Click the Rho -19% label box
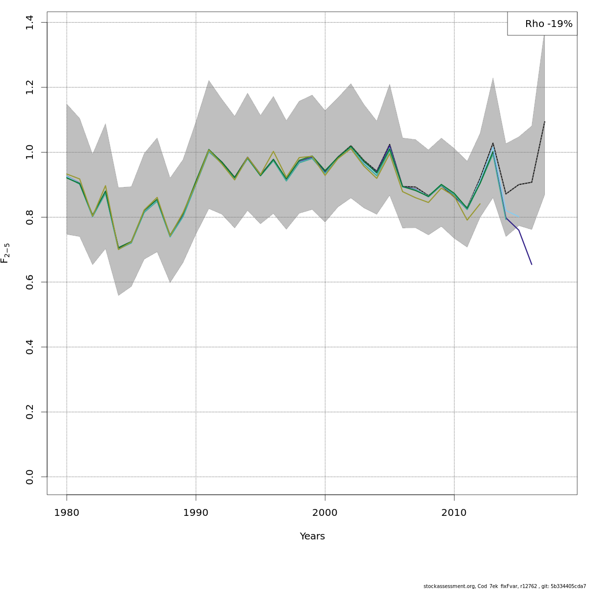point(542,24)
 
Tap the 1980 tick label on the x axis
point(67,513)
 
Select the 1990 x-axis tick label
point(196,513)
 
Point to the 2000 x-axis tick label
point(325,513)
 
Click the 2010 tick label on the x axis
point(454,513)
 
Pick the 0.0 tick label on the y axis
point(29,477)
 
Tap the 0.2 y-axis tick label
point(29,412)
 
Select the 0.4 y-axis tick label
point(29,347)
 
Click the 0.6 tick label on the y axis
point(29,282)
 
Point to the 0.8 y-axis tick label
point(29,217)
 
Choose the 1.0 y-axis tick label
point(29,152)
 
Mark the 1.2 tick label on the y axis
point(29,87)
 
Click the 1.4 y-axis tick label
point(29,22)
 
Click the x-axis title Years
point(312,536)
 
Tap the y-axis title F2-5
point(5,253)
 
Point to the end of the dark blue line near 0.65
point(532,265)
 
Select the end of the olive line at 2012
point(480,204)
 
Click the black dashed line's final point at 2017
point(544,121)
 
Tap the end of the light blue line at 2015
point(519,216)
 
